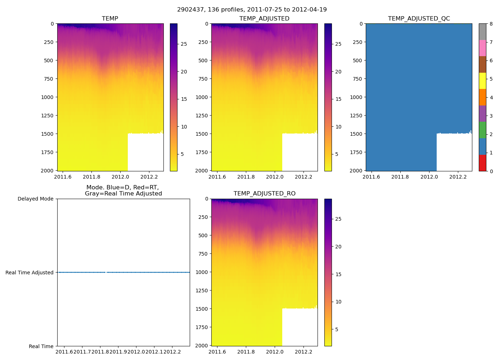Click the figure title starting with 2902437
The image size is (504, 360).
click(252, 10)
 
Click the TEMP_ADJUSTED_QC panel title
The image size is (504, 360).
click(419, 19)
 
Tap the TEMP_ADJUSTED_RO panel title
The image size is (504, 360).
click(264, 194)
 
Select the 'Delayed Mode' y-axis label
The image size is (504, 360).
click(35, 199)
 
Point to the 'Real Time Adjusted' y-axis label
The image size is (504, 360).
click(30, 273)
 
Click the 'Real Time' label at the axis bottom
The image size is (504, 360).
click(41, 346)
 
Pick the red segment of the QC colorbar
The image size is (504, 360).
click(482, 163)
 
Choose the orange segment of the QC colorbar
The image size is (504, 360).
click(482, 97)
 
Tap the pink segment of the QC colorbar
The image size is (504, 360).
click(482, 48)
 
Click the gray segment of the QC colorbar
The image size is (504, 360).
click(482, 32)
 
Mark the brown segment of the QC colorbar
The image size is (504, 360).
click(482, 64)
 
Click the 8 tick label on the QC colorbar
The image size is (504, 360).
click(491, 24)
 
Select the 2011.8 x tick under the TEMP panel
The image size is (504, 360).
click(91, 177)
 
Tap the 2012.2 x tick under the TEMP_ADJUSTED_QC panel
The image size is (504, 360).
click(458, 177)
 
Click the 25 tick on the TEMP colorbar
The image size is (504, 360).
click(184, 44)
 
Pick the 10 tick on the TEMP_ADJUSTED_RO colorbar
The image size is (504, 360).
click(338, 302)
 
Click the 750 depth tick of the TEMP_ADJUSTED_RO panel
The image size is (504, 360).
click(203, 254)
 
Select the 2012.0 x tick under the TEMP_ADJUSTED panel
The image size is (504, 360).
click(275, 177)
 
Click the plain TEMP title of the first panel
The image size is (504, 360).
click(110, 19)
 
